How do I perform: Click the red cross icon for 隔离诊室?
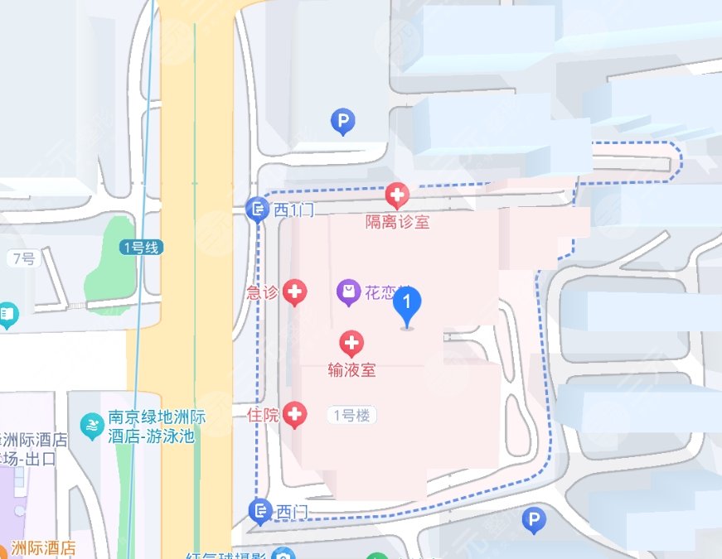(x=397, y=195)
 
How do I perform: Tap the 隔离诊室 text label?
(x=398, y=222)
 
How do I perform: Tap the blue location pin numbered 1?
(x=406, y=306)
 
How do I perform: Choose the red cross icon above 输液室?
(x=352, y=343)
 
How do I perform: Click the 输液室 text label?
(x=352, y=370)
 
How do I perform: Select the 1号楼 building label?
(x=351, y=416)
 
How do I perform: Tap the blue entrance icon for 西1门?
(x=259, y=210)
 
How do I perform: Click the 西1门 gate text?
(x=294, y=210)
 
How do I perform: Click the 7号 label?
(x=24, y=258)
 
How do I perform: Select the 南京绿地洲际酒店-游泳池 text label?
(x=151, y=427)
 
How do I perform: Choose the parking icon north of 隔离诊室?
(x=342, y=122)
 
